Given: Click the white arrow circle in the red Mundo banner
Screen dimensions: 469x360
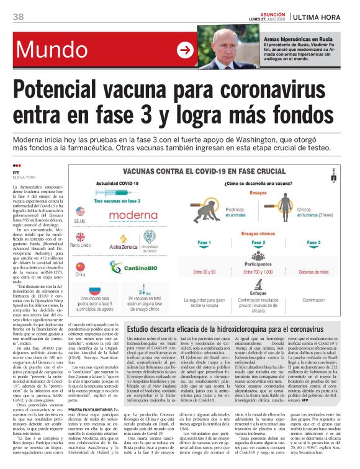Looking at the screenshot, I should pyautogui.click(x=185, y=50).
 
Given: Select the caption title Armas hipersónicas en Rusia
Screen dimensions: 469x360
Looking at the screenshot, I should pyautogui.click(x=296, y=38).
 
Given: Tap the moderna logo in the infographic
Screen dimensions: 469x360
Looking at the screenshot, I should pyautogui.click(x=133, y=216).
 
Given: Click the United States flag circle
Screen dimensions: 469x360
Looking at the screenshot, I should pyautogui.click(x=80, y=208).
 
